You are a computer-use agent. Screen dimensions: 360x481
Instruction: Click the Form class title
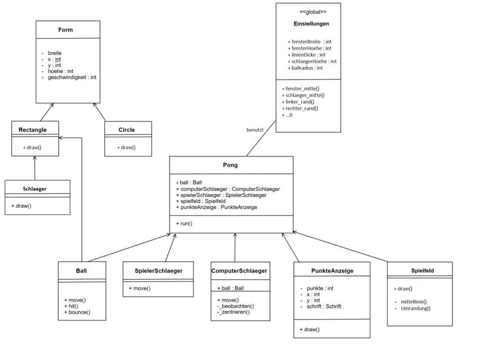click(66, 30)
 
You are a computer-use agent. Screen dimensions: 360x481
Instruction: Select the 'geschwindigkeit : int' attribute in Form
click(72, 77)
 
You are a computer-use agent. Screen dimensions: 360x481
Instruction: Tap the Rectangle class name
click(33, 130)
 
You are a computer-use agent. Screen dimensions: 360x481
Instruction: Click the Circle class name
click(126, 130)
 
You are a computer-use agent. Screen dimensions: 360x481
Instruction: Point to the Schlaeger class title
click(34, 189)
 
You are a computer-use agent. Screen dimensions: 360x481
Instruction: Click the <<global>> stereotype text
click(313, 12)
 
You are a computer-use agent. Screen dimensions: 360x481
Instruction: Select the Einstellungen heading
click(311, 24)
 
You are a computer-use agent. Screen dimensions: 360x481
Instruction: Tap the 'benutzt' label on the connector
click(255, 130)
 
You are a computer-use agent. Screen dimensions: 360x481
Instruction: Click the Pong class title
click(230, 165)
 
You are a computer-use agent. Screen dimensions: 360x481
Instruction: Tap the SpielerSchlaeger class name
click(158, 271)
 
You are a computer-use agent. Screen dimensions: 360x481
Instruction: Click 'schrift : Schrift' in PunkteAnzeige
click(324, 307)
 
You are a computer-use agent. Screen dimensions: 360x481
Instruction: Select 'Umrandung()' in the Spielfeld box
click(415, 309)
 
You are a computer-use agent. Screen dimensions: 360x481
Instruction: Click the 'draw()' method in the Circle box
click(126, 148)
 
